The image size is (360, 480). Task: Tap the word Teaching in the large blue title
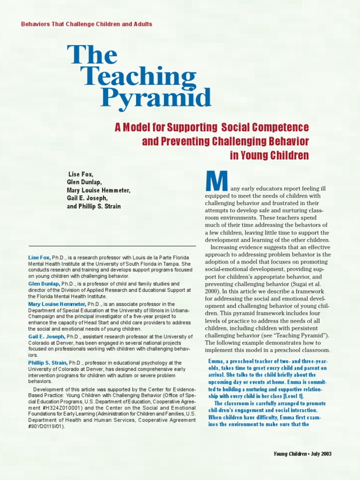click(138, 76)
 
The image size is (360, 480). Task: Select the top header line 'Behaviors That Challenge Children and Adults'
click(87, 24)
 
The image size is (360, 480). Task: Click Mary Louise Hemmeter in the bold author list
click(98, 190)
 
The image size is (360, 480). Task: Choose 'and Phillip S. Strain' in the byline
click(94, 206)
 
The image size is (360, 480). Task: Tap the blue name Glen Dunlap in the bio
click(44, 284)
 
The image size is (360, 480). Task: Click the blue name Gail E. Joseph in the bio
click(46, 337)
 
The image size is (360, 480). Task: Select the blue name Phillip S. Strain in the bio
click(48, 363)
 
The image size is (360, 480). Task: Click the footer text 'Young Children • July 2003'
click(303, 454)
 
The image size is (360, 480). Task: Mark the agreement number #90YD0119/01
click(46, 427)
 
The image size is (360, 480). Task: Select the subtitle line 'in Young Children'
click(270, 156)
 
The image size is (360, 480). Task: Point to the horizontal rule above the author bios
click(112, 246)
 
